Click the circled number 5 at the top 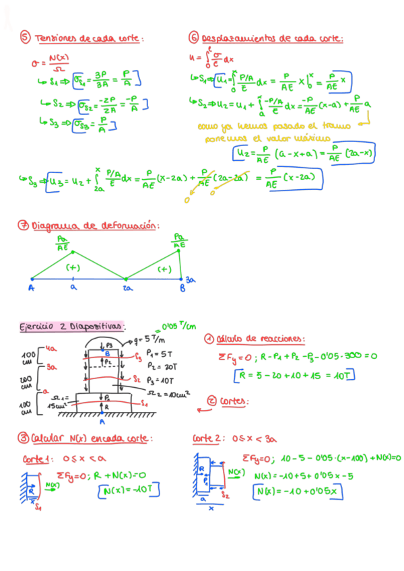[25, 38]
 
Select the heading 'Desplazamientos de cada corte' [272, 38]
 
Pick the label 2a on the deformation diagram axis [125, 286]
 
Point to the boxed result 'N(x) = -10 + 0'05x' [298, 493]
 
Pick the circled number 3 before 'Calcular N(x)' [25, 438]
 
